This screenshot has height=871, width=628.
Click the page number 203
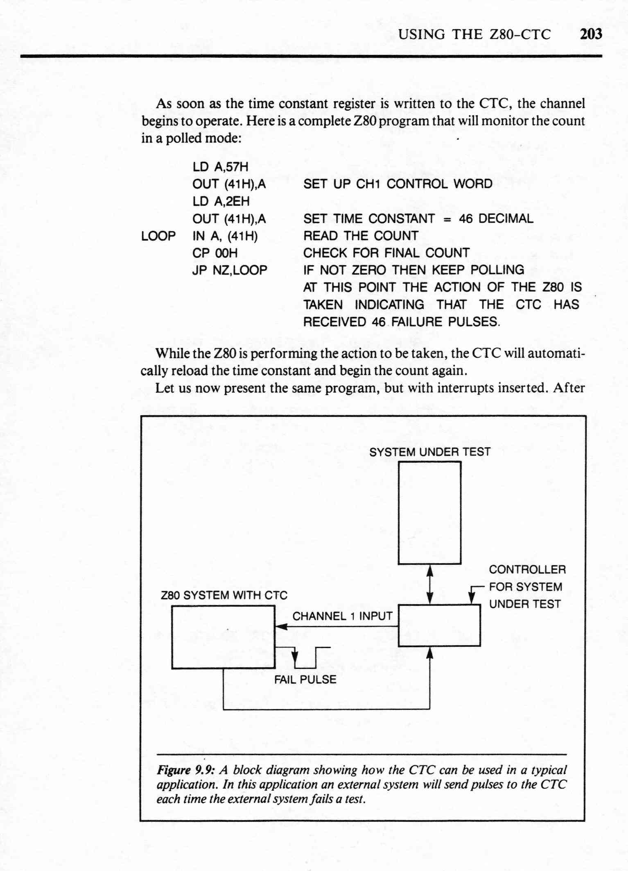click(x=591, y=34)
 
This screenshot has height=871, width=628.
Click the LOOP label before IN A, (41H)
click(x=158, y=236)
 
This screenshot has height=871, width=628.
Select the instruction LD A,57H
click(x=221, y=167)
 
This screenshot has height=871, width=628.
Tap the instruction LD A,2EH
click(x=221, y=202)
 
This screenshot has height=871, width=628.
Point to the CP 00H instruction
click(x=215, y=253)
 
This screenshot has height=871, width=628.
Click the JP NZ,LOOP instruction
click(x=230, y=270)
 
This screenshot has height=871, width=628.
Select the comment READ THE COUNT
click(x=361, y=236)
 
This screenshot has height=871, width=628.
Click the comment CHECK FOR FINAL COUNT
click(x=386, y=253)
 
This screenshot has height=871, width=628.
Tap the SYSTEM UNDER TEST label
click(x=429, y=452)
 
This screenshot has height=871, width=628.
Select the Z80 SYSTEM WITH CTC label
click(x=224, y=595)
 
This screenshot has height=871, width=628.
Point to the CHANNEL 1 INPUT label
click(x=342, y=616)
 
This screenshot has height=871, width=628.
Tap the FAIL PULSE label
click(x=305, y=680)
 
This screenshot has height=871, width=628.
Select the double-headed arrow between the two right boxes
click(x=430, y=584)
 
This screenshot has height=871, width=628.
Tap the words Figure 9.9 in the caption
click(x=186, y=770)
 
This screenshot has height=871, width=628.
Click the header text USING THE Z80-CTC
click(x=475, y=34)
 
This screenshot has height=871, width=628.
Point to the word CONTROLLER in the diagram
click(x=527, y=569)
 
